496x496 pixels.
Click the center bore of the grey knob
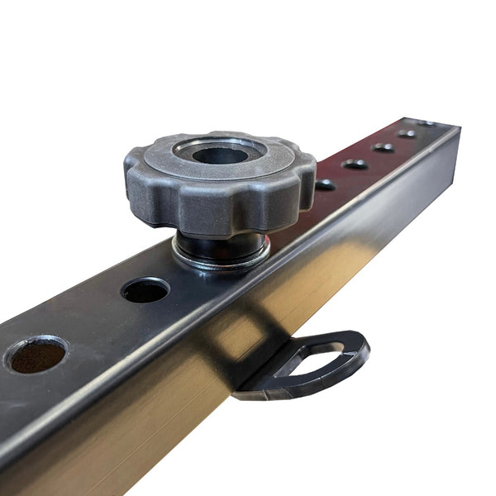coord(221,155)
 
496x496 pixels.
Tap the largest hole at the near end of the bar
coord(36,354)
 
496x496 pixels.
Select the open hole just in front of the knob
coord(145,289)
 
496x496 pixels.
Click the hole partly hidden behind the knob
coord(325,184)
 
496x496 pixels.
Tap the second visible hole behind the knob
coord(355,164)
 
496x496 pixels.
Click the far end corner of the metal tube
coord(457,129)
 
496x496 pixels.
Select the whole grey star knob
coord(220,182)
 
